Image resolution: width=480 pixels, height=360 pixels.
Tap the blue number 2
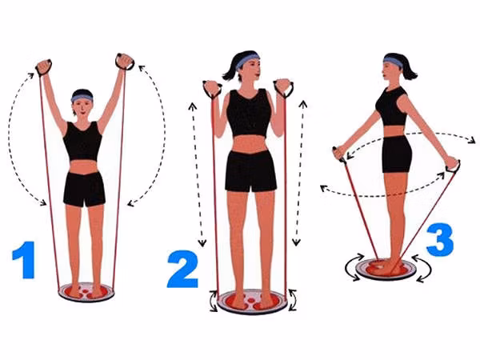pos(182,269)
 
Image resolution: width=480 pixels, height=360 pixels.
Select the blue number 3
pos(439,240)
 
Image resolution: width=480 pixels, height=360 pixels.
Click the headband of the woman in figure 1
pos(82,98)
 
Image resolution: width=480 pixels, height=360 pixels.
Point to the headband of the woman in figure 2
pos(247,60)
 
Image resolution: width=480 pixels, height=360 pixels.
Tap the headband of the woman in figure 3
pos(393,62)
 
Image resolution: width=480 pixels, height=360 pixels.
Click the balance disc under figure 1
pos(86,292)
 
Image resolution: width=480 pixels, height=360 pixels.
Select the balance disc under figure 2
pos(252,302)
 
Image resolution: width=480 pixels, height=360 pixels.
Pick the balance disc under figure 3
pos(386,270)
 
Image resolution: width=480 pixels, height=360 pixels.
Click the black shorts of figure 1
pos(84,189)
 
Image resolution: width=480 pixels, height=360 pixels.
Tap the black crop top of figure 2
pos(249,114)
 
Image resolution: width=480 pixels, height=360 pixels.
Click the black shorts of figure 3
pos(397,154)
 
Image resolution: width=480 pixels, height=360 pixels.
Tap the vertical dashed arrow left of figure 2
pos(197,174)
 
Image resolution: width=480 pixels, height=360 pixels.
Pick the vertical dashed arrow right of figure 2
pos(300,173)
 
